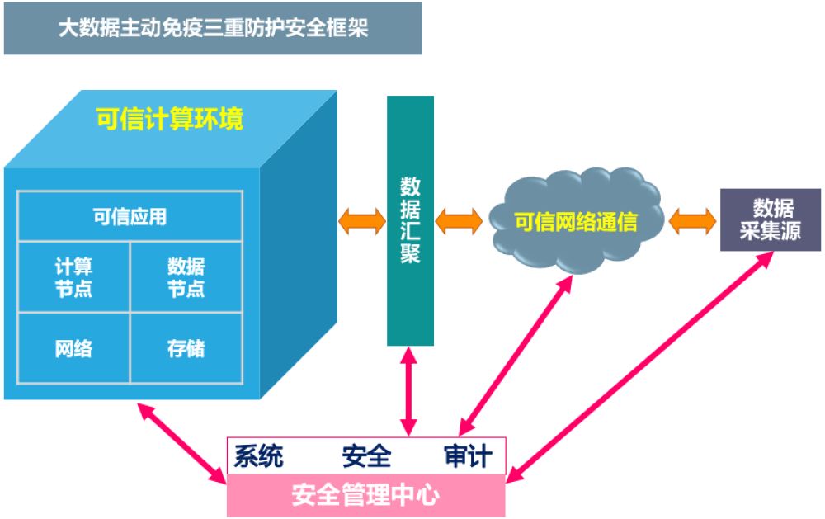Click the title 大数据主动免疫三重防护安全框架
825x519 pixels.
pos(213,28)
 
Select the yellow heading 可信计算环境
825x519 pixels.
pos(169,119)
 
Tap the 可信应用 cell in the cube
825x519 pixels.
pos(130,216)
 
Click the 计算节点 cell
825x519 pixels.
pos(73,277)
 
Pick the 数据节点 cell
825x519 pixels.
pos(186,277)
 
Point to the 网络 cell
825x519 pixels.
pos(73,348)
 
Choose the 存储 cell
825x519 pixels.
pos(186,348)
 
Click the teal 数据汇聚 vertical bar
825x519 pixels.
pos(410,220)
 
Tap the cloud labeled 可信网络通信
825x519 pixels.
pos(576,220)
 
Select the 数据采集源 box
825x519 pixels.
pos(771,219)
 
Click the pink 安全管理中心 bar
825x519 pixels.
pos(366,495)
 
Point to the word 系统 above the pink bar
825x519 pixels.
pos(259,455)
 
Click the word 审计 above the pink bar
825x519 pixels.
pos(469,455)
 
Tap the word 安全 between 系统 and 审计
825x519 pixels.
pos(366,455)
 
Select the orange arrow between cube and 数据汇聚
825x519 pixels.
pos(362,221)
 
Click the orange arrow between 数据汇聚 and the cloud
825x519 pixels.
pos(459,221)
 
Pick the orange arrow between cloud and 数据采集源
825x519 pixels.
pos(692,221)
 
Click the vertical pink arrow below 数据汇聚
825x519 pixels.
pos(409,391)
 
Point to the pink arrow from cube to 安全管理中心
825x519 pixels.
pos(182,443)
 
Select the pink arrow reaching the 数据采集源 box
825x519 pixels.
pos(640,367)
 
